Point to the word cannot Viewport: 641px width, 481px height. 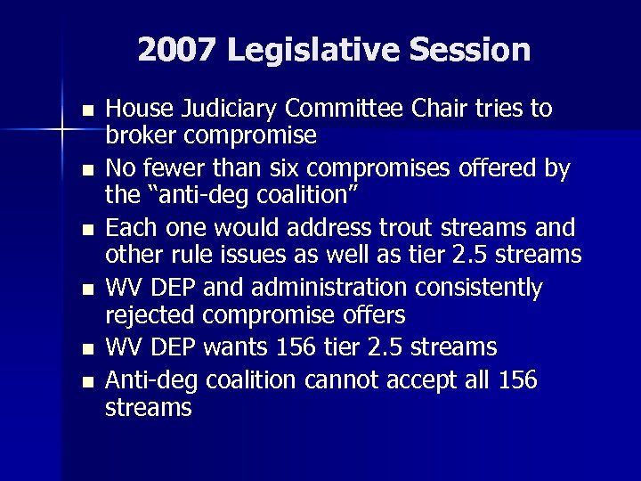pos(338,381)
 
